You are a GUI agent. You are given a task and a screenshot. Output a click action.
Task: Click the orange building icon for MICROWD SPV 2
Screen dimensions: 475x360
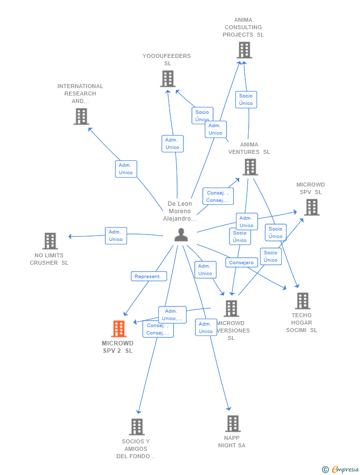coord(119,329)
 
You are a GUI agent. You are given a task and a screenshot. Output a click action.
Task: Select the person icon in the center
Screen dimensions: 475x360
coord(181,235)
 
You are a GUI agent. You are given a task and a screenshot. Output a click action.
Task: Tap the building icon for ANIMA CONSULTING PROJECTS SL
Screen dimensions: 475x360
coord(244,50)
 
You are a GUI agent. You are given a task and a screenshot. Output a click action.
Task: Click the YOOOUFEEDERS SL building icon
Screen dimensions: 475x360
coord(168,79)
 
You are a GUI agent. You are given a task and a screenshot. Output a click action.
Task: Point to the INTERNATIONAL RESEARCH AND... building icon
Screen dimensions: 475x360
coord(81,116)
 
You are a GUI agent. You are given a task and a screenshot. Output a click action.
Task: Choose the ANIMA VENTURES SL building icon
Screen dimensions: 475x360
coord(250,167)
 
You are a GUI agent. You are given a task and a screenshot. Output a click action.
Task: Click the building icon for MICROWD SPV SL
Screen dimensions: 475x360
coord(312,207)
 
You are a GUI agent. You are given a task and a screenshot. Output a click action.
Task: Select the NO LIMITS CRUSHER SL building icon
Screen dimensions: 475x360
coord(50,241)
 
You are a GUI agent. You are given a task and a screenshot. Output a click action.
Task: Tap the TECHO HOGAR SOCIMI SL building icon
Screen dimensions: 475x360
coord(302,300)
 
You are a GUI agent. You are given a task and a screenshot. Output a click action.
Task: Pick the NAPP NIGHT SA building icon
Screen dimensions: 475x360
coord(232,424)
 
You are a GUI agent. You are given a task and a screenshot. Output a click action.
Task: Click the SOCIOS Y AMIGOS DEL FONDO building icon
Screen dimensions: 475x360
coord(136,427)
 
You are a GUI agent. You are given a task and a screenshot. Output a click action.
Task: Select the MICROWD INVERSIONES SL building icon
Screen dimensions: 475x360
coord(231,308)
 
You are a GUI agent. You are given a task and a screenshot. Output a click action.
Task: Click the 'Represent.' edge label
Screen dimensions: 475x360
coord(148,277)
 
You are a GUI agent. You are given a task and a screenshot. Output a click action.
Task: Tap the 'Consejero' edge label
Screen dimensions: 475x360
coord(241,263)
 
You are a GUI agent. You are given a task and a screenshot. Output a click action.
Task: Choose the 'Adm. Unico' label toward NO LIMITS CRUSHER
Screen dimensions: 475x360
coord(116,236)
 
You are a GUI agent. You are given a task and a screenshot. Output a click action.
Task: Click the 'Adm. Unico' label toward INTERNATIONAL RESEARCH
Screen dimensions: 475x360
coord(126,169)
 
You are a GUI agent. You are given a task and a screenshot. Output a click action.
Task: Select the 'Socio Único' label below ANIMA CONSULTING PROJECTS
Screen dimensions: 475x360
coord(246,99)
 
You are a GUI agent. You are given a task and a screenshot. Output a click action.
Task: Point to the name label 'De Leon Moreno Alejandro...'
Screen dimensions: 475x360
coord(180,211)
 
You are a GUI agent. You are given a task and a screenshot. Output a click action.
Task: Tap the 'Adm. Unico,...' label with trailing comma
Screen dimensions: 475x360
coord(172,315)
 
